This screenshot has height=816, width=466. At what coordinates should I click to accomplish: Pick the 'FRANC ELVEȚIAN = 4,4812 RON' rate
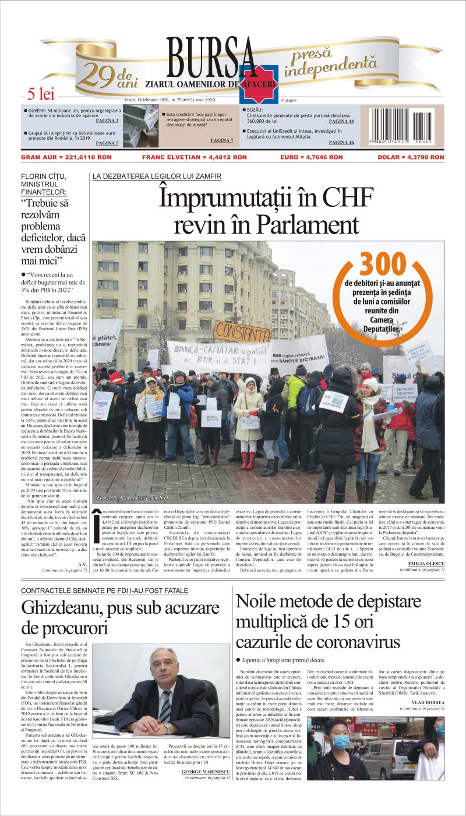195,157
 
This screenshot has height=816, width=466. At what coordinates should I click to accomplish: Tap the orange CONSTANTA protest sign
243,332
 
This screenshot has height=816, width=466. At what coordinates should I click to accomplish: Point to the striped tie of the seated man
167,705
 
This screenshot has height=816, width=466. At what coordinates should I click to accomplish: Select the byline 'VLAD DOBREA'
428,703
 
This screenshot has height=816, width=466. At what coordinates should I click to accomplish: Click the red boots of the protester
248,460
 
